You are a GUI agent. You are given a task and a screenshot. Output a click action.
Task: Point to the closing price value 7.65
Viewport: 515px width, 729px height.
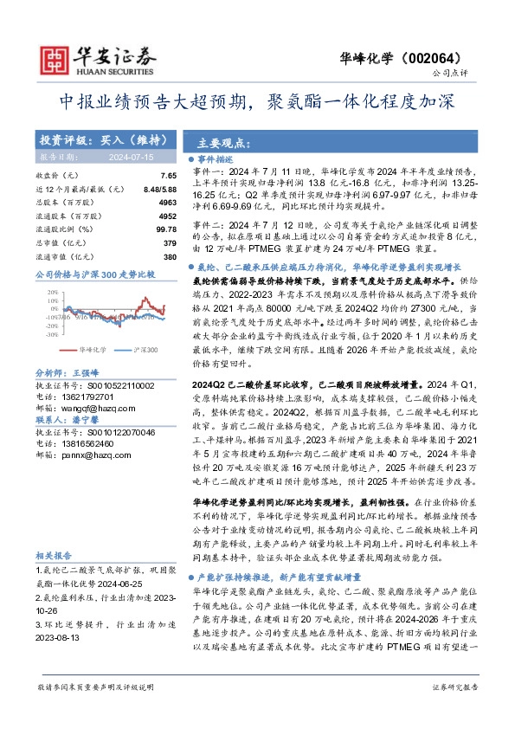pos(169,175)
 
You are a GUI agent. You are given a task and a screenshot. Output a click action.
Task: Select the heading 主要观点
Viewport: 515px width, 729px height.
pos(222,143)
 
